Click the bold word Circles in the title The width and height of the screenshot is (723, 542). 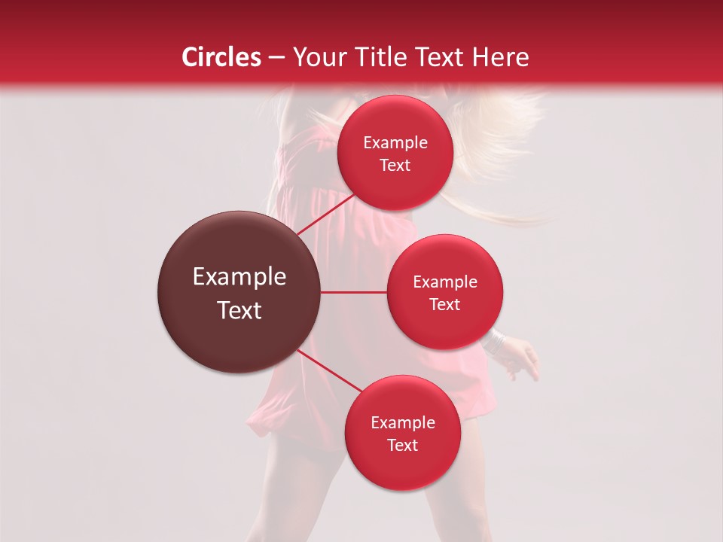pos(221,57)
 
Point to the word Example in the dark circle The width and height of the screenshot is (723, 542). pos(239,277)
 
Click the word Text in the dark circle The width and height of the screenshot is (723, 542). pos(239,310)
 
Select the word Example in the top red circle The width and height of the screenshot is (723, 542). pos(395,143)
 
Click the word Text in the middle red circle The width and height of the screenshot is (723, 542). pos(444,304)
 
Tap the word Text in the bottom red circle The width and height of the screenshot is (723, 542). pos(402,445)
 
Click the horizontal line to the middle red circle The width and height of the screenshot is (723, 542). pos(354,292)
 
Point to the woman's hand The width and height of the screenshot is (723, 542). pos(523,361)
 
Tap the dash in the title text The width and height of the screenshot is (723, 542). pos(276,58)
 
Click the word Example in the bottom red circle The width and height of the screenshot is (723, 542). pos(402,423)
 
